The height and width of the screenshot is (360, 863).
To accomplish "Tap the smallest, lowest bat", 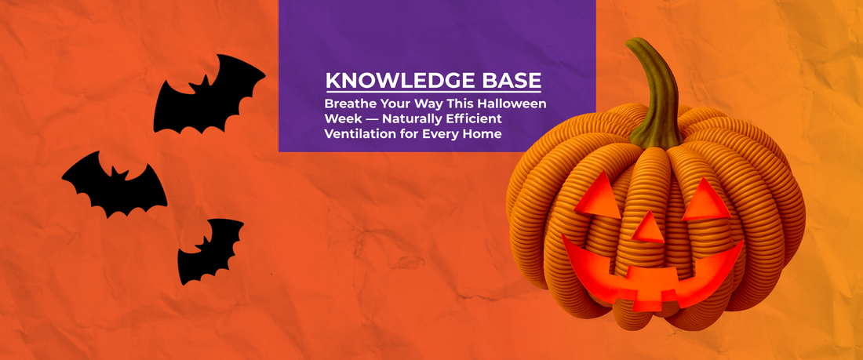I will coord(209,250).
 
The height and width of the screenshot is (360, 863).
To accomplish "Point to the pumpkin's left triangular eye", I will coord(599,196).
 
